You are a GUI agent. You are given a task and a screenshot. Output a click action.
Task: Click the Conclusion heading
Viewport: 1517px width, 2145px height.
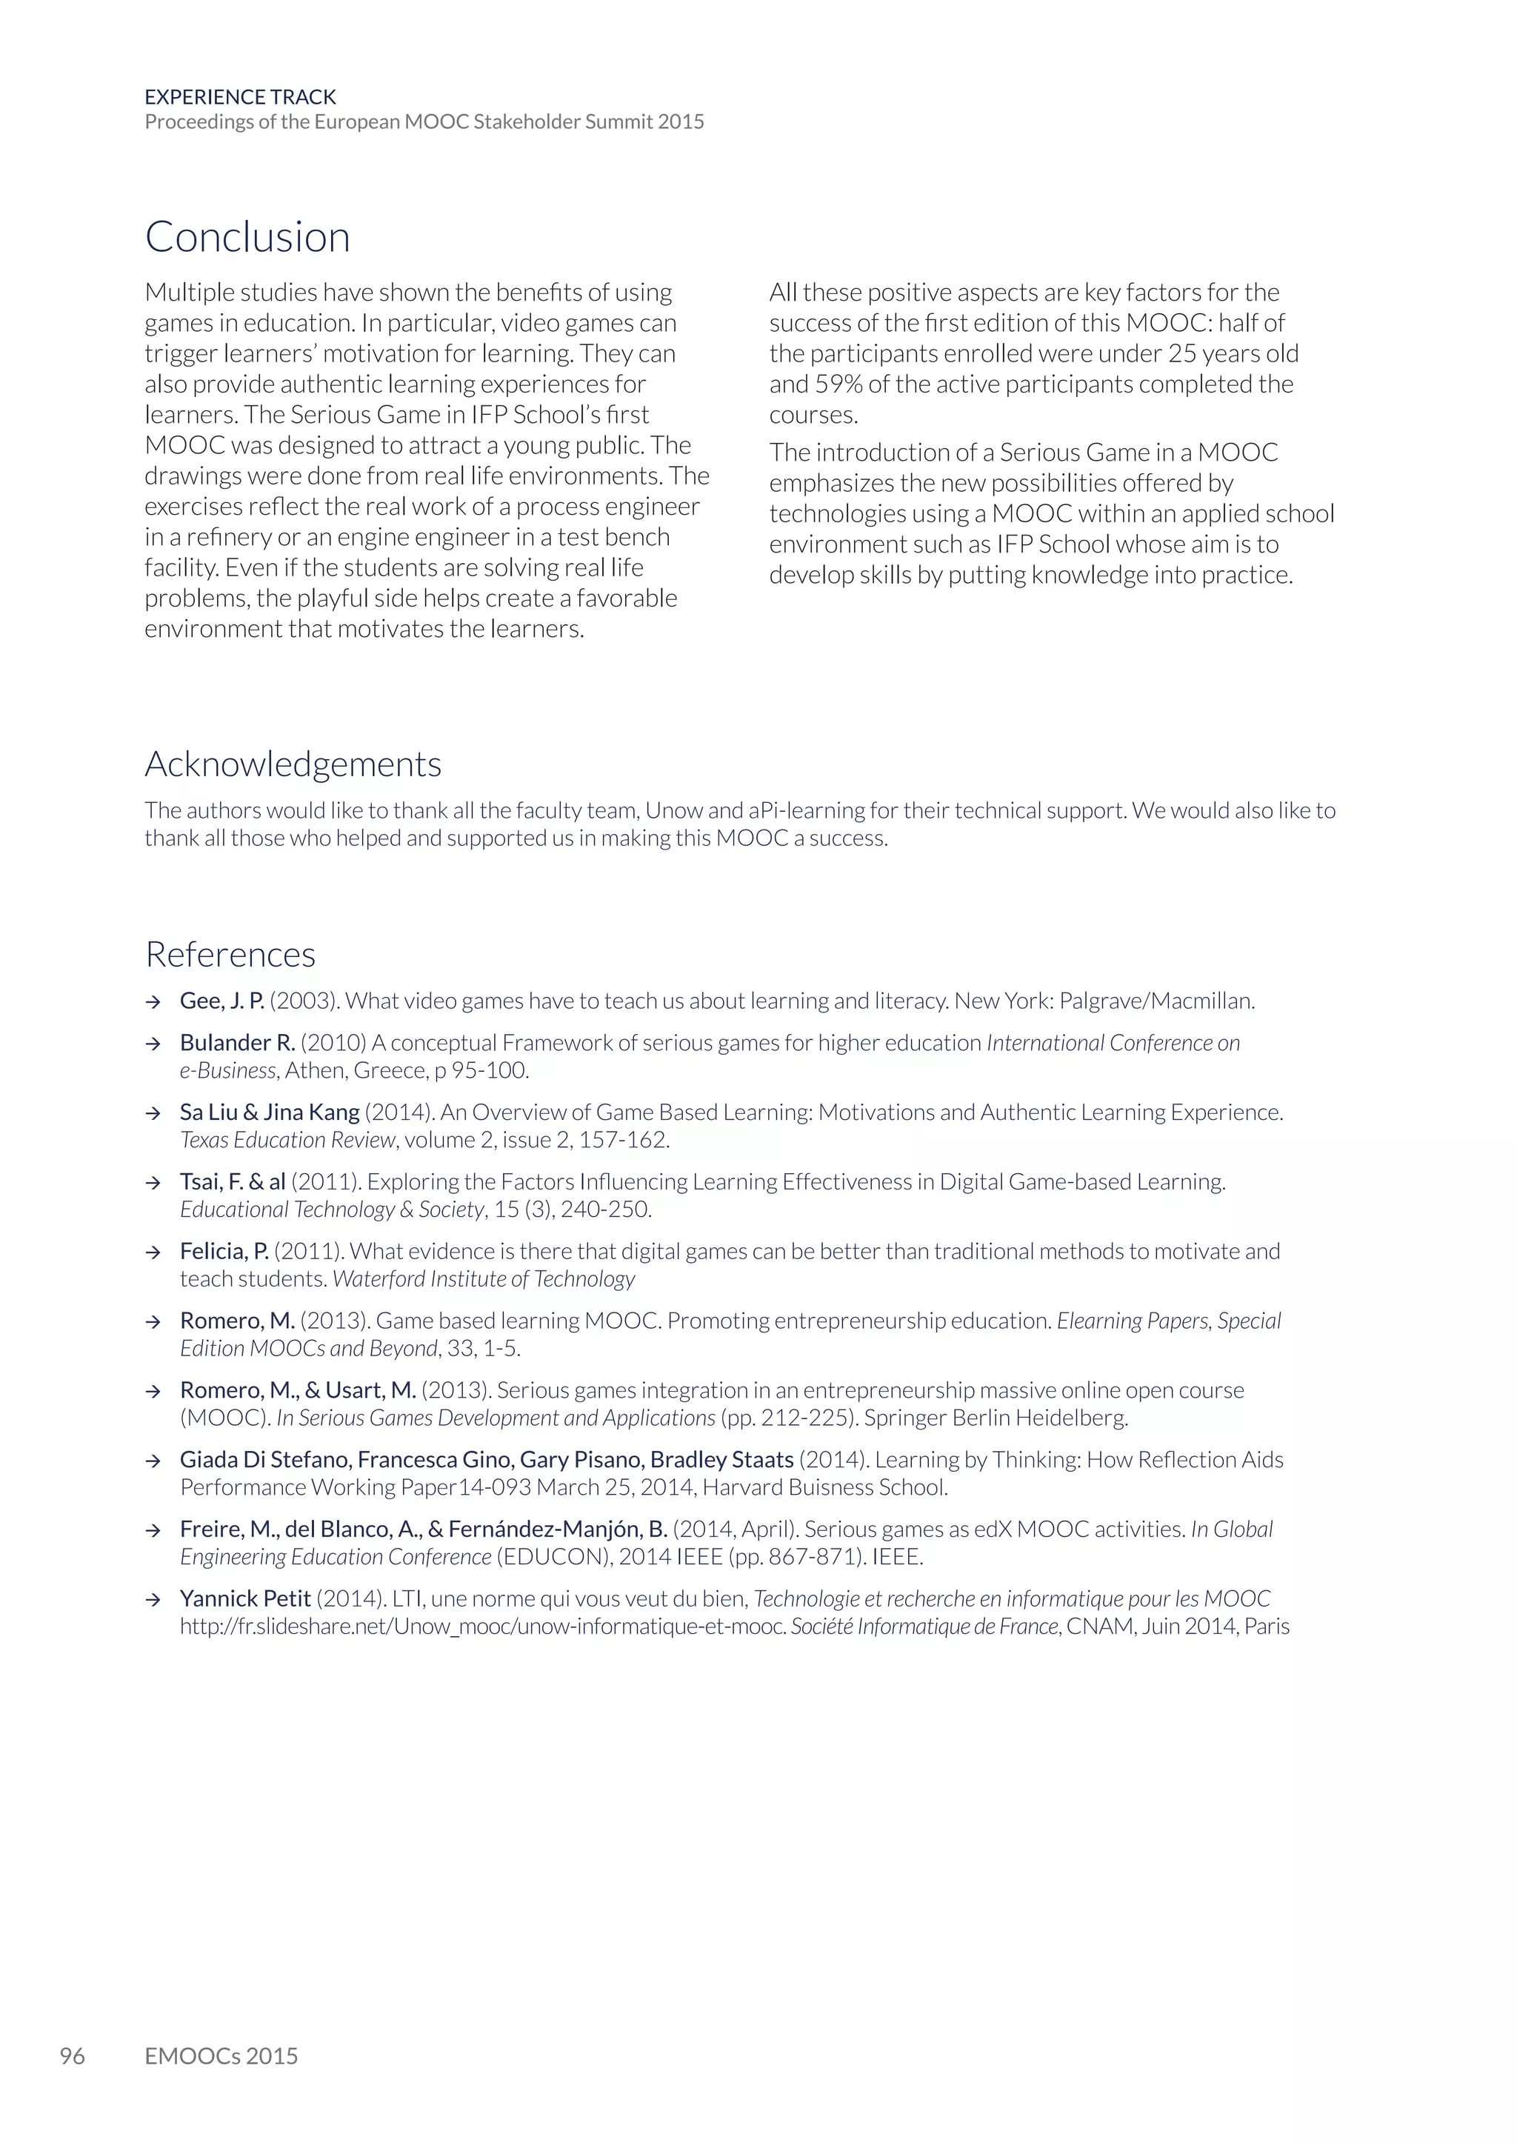coord(247,237)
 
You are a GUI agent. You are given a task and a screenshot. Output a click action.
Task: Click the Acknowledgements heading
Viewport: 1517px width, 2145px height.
coord(293,764)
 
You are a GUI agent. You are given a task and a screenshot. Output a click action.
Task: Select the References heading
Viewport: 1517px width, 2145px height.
coord(230,955)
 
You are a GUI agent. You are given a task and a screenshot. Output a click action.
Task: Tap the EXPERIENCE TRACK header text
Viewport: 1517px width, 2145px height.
coord(240,97)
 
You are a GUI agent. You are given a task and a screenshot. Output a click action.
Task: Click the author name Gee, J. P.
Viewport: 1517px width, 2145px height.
coord(221,1001)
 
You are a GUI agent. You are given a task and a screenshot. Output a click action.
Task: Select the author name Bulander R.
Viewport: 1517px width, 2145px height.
coord(237,1043)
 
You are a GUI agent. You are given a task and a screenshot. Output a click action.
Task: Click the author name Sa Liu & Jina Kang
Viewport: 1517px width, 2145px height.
coord(269,1112)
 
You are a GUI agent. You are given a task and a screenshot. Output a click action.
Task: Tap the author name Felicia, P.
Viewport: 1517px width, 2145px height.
coord(224,1252)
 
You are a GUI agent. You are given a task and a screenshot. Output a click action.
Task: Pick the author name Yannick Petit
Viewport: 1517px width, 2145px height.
coord(244,1599)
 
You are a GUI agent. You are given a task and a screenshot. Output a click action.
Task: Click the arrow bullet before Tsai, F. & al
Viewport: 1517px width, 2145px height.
coord(153,1183)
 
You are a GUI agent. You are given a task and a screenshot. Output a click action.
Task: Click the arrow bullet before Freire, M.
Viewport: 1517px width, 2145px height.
coord(153,1530)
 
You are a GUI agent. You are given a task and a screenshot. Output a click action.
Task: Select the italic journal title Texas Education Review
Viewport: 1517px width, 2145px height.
coord(287,1140)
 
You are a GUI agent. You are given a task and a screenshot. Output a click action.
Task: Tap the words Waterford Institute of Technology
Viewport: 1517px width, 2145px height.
coord(484,1279)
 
